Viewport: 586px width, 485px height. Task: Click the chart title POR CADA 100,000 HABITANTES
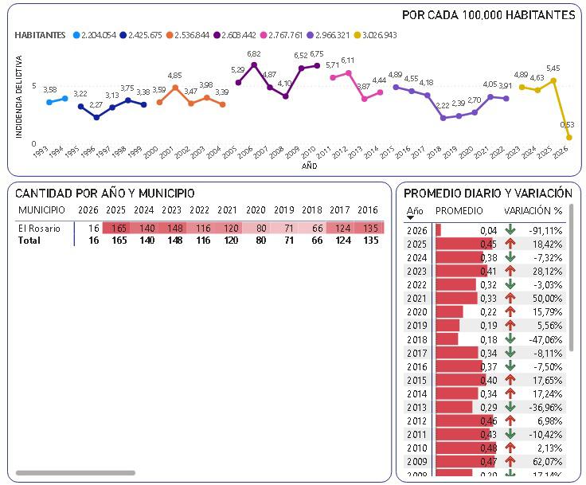click(x=488, y=15)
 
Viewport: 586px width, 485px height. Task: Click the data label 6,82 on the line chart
click(x=254, y=54)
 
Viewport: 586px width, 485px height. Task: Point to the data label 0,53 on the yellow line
click(x=568, y=125)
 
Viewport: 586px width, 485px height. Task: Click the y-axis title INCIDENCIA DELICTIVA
click(x=18, y=96)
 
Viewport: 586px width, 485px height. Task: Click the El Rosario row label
click(x=39, y=229)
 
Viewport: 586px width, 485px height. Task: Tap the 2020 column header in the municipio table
click(x=256, y=209)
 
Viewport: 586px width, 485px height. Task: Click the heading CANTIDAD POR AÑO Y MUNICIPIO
click(x=104, y=194)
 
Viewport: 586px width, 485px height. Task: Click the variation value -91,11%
click(x=545, y=230)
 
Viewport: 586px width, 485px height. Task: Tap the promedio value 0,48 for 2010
click(x=488, y=447)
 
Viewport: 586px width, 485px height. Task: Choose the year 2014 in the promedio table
click(x=416, y=393)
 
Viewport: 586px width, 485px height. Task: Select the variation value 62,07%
click(x=546, y=460)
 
